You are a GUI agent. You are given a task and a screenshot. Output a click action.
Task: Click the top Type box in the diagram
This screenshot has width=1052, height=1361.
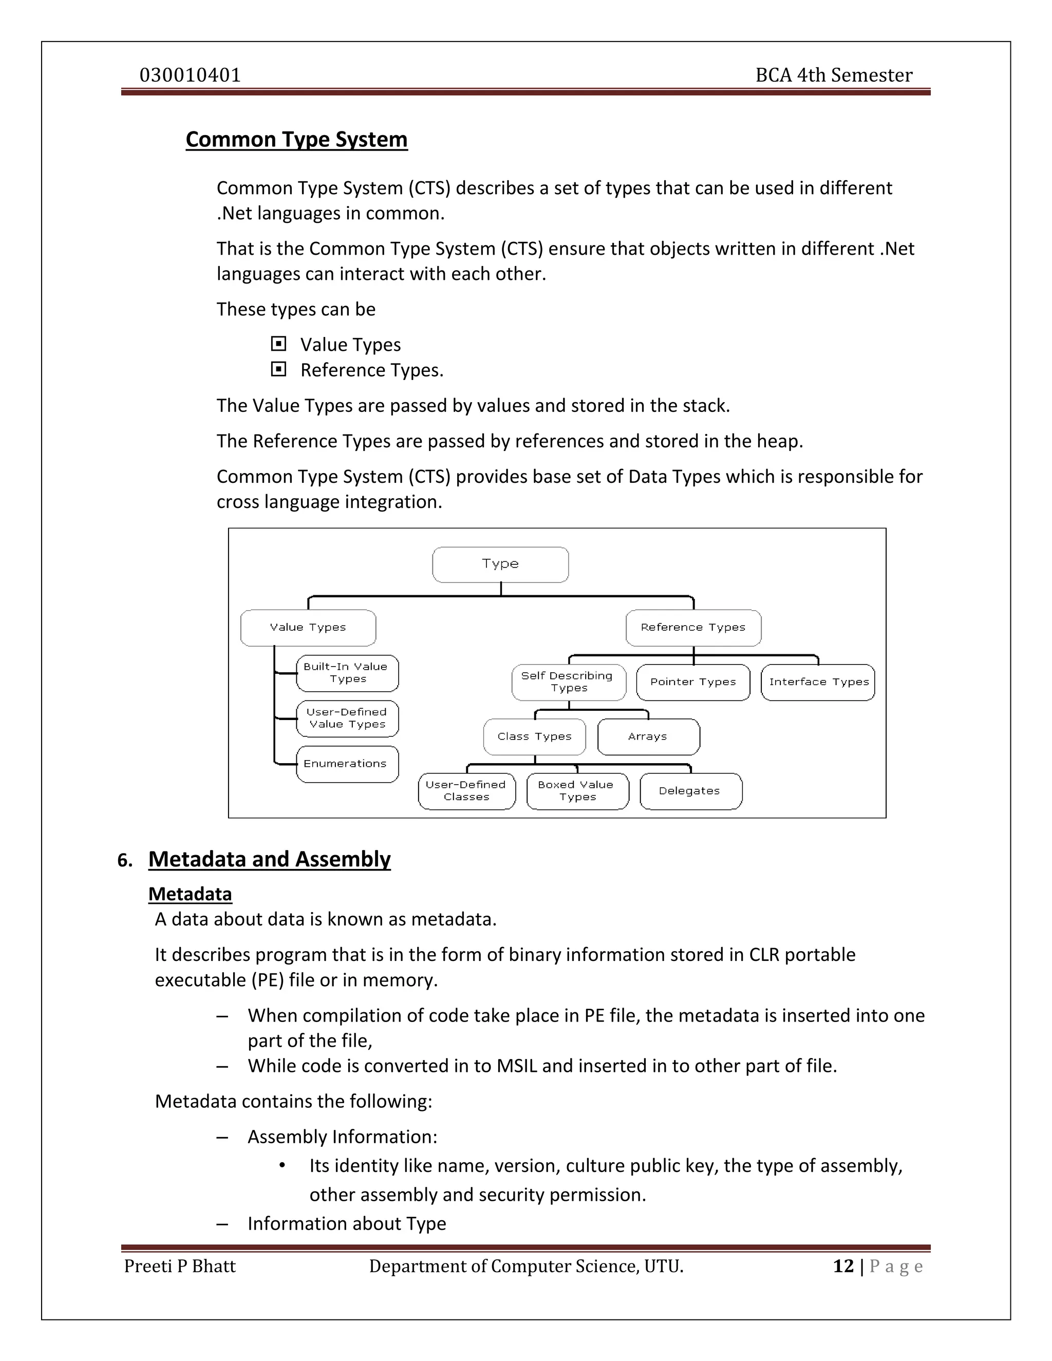click(500, 564)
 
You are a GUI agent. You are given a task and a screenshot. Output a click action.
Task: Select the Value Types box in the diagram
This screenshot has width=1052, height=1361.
click(308, 628)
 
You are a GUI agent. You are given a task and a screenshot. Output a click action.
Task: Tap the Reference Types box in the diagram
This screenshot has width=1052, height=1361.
click(693, 628)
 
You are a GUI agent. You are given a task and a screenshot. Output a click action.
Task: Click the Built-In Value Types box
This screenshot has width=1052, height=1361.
click(347, 673)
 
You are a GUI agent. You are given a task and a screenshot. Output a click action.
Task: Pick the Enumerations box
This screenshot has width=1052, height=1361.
click(347, 764)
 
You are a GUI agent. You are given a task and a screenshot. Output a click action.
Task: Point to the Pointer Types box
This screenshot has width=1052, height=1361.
click(693, 683)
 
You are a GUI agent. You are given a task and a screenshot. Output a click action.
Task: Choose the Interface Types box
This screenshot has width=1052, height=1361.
click(818, 683)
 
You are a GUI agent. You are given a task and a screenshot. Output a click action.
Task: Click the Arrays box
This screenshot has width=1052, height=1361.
click(648, 736)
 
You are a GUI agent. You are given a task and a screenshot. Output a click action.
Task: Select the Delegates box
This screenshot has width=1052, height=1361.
click(690, 791)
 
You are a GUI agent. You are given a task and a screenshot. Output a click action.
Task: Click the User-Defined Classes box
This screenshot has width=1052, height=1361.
click(467, 791)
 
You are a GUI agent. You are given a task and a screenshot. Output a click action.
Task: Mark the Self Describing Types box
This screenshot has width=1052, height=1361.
click(569, 683)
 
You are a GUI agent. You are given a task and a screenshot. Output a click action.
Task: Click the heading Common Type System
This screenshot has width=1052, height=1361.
click(297, 140)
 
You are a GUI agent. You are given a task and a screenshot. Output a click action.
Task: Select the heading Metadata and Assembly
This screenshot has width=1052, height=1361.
click(269, 859)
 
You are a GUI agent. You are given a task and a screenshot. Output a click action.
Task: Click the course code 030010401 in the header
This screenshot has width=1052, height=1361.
click(190, 75)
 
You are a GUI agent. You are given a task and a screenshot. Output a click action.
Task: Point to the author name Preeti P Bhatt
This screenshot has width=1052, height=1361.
click(180, 1267)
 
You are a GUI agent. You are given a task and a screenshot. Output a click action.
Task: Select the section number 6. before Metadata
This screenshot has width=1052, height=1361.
click(125, 861)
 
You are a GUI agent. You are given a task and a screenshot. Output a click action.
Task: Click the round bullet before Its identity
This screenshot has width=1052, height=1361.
click(283, 1165)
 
